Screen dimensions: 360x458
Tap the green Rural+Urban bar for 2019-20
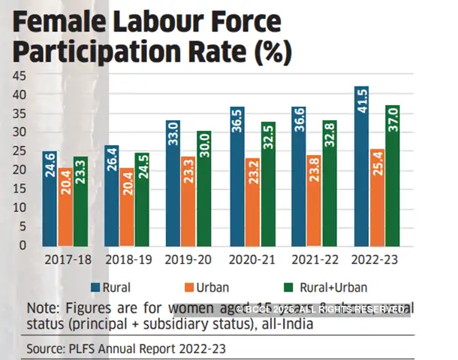click(x=203, y=189)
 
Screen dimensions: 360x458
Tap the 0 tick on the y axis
click(x=23, y=245)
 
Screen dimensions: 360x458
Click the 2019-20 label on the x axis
click(x=188, y=260)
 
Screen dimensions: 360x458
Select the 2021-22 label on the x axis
click(x=314, y=260)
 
